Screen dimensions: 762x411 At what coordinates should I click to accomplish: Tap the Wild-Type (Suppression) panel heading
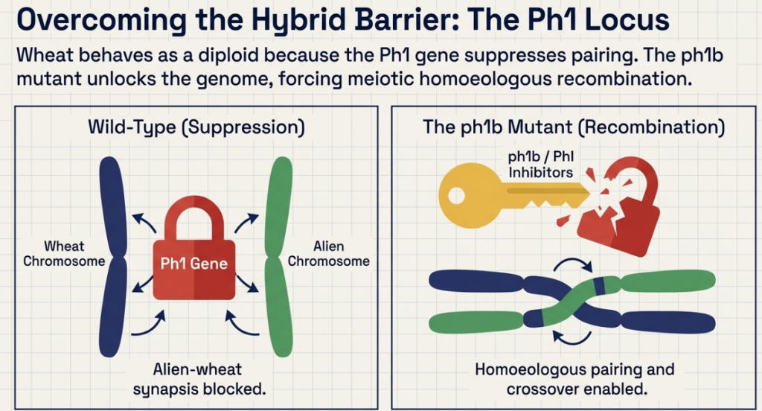[196, 127]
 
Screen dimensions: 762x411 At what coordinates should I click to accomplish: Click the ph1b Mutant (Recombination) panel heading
[574, 127]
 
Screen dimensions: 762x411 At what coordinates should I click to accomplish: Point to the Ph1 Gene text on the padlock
[194, 264]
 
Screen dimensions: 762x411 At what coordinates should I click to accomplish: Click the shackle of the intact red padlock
[194, 218]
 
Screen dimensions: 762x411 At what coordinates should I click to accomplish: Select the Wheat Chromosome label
[64, 253]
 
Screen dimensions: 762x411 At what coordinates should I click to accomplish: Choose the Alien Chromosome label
[328, 253]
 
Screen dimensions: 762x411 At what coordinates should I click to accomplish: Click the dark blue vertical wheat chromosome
[113, 257]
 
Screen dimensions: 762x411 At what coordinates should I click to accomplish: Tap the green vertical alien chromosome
[279, 257]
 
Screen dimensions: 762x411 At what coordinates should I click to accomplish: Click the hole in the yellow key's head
[456, 196]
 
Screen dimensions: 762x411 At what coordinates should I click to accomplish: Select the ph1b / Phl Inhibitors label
[541, 165]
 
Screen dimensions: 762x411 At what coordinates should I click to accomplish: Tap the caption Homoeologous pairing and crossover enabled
[575, 380]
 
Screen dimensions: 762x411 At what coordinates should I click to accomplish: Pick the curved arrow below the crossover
[572, 338]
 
